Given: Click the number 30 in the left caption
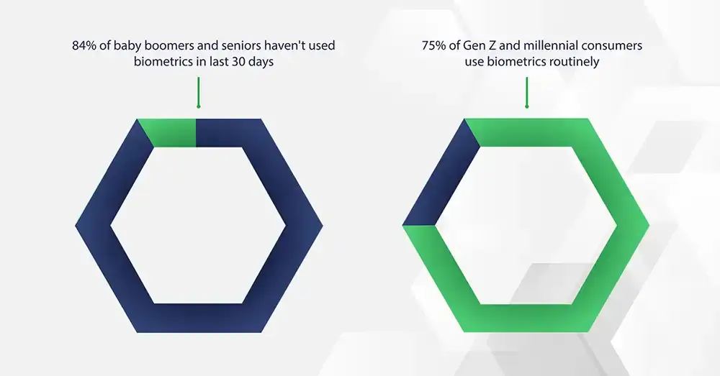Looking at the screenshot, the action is pyautogui.click(x=239, y=61).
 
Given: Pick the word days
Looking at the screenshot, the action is pyautogui.click(x=261, y=61).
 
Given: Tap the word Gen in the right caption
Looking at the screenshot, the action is pyautogui.click(x=473, y=45).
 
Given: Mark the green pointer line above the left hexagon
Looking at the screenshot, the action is pyautogui.click(x=199, y=92).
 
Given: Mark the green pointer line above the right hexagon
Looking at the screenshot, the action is pyautogui.click(x=527, y=92).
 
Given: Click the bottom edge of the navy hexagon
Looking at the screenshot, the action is pyautogui.click(x=199, y=318).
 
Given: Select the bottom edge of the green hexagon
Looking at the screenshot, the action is pyautogui.click(x=526, y=318).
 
